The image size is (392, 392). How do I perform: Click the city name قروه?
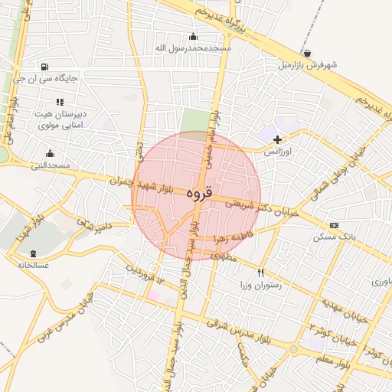point(198,194)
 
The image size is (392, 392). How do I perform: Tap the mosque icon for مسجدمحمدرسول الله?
point(193,36)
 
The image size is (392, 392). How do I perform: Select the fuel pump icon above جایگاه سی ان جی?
point(47,67)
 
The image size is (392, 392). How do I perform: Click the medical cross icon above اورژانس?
point(277,139)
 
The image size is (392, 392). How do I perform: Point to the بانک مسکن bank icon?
point(334,225)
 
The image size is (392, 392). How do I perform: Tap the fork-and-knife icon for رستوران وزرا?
point(261,273)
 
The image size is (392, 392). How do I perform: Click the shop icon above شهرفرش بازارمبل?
point(307,53)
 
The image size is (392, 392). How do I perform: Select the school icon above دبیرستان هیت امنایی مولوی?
point(60,102)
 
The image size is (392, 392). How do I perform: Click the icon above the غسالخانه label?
point(33,253)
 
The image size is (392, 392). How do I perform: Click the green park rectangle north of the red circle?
point(194,122)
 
